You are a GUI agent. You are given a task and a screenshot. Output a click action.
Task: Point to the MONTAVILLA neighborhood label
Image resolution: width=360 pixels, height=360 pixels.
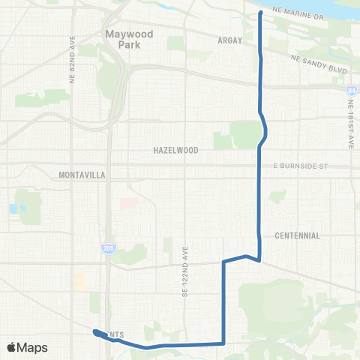82,175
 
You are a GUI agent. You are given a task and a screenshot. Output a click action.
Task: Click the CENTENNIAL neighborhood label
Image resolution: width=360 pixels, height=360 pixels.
297,235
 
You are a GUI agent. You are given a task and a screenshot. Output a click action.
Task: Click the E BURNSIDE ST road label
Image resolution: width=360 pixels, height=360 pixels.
301,165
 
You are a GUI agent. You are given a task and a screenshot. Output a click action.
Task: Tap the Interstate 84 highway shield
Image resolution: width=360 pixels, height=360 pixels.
351,91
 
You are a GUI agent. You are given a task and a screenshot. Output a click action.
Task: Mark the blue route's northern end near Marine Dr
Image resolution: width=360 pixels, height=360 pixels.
259,13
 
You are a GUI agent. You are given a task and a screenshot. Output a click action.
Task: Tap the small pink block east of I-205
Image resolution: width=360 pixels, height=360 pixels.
129,203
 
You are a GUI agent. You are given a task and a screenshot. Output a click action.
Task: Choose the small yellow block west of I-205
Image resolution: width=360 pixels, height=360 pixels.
79,282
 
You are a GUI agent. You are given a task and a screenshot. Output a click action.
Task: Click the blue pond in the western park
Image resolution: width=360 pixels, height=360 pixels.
13,208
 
